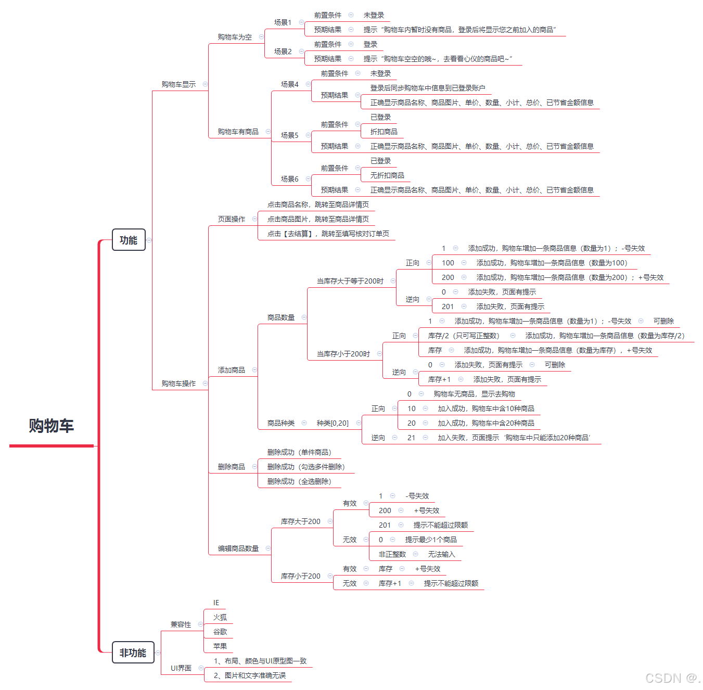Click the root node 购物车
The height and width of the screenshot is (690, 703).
[51, 426]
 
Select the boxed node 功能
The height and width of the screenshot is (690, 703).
[129, 240]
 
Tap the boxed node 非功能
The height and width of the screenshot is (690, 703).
[133, 653]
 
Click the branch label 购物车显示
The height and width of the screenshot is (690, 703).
[178, 84]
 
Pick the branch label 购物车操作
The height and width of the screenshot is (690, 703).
[178, 384]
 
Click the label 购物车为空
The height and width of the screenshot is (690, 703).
[235, 37]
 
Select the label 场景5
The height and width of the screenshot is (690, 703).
[290, 135]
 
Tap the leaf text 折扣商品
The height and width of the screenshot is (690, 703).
[384, 132]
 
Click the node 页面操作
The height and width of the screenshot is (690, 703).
[232, 219]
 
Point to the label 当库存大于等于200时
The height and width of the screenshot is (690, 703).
[350, 281]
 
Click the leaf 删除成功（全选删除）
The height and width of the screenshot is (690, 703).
[299, 481]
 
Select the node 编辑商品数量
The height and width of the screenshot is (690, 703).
[238, 548]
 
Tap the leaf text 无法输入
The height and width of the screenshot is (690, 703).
[441, 554]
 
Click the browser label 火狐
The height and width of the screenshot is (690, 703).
[220, 617]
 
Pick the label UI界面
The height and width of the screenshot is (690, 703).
[181, 668]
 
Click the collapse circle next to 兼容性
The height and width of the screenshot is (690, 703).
[200, 624]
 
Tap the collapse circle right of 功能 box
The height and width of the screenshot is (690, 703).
[149, 240]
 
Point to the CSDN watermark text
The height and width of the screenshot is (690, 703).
[672, 678]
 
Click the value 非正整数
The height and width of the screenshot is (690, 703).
[392, 554]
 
